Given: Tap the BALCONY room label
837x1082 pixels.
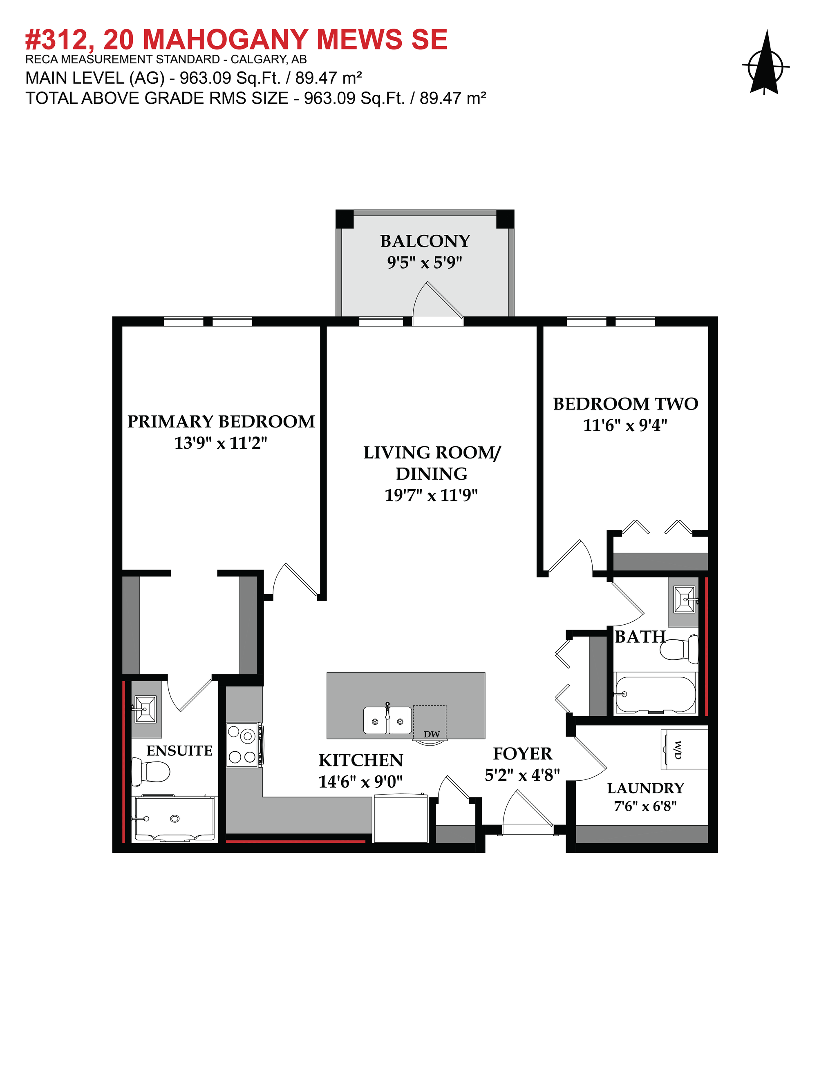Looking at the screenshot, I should pyautogui.click(x=425, y=241).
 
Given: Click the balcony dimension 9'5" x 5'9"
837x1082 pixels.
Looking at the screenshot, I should pyautogui.click(x=425, y=263).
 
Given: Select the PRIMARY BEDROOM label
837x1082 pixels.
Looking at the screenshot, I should pyautogui.click(x=221, y=422).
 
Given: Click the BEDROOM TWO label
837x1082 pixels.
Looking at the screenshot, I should pyautogui.click(x=625, y=404).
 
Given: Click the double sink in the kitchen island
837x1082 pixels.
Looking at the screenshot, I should pyautogui.click(x=387, y=720).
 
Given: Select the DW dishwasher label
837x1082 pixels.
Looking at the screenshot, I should pyautogui.click(x=432, y=734).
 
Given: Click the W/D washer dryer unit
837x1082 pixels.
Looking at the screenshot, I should pyautogui.click(x=684, y=749).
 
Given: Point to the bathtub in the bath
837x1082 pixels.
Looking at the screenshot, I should pyautogui.click(x=656, y=694).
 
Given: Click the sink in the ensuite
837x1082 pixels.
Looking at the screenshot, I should pyautogui.click(x=145, y=709).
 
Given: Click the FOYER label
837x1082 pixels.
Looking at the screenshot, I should pyautogui.click(x=522, y=754).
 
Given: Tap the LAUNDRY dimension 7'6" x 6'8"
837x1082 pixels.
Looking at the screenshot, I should pyautogui.click(x=645, y=806).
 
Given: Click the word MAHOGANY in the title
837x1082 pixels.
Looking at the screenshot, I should pyautogui.click(x=225, y=40).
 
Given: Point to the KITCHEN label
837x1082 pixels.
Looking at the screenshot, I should pyautogui.click(x=360, y=760).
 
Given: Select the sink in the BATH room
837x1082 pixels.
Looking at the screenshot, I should pyautogui.click(x=685, y=599).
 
